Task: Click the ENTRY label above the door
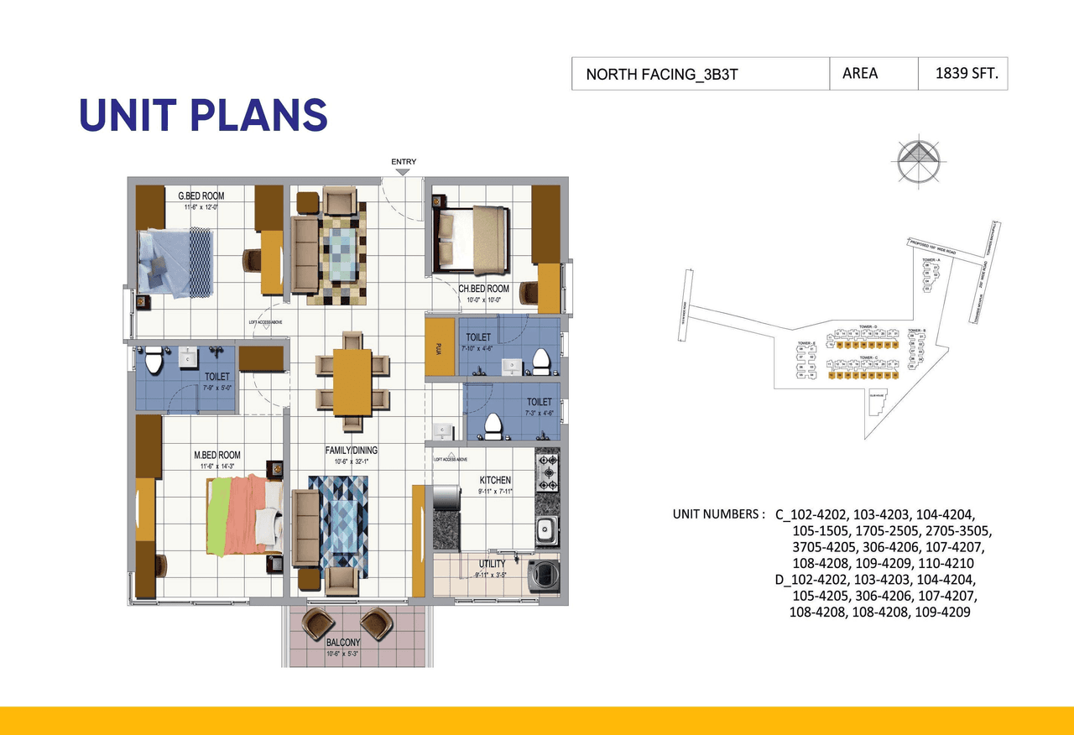coord(403,162)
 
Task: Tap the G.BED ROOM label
coord(201,196)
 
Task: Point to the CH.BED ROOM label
coord(483,289)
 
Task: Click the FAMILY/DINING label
coord(351,451)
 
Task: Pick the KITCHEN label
coord(494,480)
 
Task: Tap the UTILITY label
coord(492,565)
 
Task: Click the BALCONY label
coord(342,644)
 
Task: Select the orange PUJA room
coord(439,347)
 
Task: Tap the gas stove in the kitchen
coord(547,472)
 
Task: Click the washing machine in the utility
coord(545,577)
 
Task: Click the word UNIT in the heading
coord(125,116)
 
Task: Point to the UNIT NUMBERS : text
coord(718,514)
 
